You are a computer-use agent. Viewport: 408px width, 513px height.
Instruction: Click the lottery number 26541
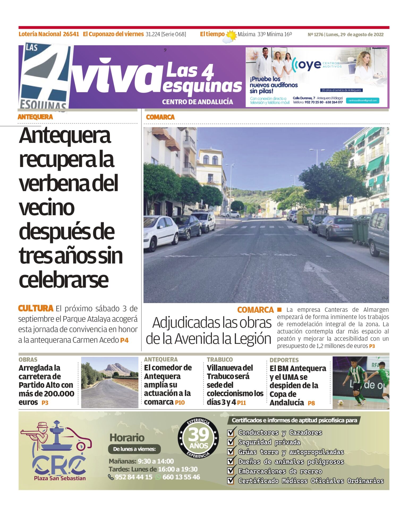point(71,34)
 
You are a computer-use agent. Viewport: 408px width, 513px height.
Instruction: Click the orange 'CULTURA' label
point(36,308)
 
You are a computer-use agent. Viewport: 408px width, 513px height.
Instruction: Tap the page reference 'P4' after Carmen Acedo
point(124,340)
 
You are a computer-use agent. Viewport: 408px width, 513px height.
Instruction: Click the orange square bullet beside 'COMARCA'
point(279,309)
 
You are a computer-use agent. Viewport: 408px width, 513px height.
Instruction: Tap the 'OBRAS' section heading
point(28,360)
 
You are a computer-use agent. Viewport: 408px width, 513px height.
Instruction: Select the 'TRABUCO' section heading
point(220,360)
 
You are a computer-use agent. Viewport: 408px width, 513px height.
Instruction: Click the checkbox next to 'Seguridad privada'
point(231,442)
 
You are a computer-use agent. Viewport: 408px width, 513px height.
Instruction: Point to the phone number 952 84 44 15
point(134,477)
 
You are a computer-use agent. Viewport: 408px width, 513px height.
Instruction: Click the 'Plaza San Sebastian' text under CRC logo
point(60,478)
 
